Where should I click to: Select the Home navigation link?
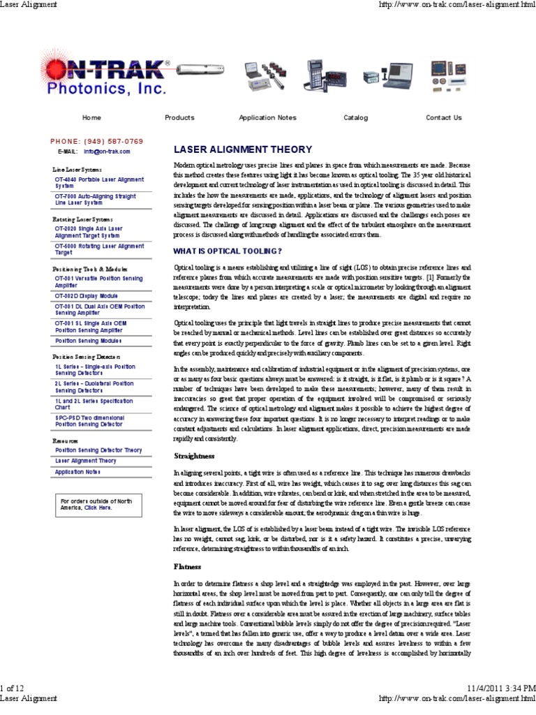(91, 118)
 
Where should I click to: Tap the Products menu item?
(179, 118)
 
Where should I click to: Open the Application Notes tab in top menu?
(267, 118)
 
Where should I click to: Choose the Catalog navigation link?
(355, 118)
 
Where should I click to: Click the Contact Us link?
(443, 118)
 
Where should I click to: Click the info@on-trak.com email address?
(107, 151)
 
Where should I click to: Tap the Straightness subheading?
(195, 456)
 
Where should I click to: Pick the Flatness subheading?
(187, 566)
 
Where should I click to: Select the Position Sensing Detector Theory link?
(98, 450)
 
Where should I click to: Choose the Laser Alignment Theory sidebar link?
(86, 461)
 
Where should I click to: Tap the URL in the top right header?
(456, 5)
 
